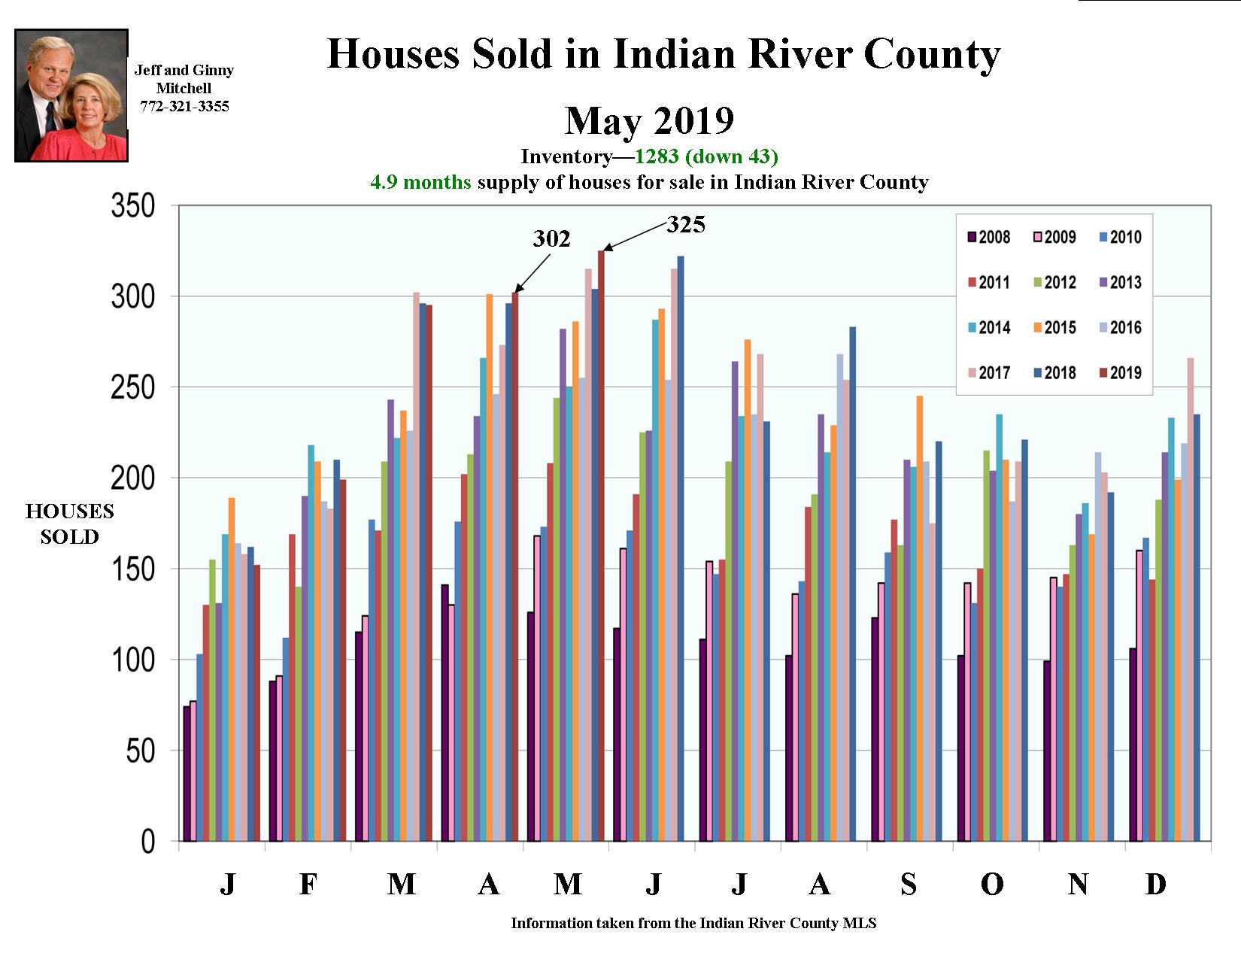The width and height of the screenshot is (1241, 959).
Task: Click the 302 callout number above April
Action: (x=551, y=238)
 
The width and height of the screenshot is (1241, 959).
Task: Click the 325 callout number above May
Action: (x=686, y=224)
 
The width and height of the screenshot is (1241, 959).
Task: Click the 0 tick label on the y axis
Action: (x=147, y=842)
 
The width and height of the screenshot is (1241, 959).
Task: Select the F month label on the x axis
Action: (x=308, y=884)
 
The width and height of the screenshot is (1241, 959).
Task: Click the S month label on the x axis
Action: (x=909, y=884)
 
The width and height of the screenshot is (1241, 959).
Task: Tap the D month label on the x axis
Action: (x=1155, y=884)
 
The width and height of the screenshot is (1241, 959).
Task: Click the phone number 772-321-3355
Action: (x=184, y=106)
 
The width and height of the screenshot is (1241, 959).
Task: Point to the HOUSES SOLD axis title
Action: (x=69, y=524)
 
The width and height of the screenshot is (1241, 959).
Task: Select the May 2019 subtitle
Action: (x=649, y=120)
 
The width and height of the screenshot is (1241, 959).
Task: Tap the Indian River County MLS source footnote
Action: (x=693, y=923)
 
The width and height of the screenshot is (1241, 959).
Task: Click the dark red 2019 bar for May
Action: (x=601, y=545)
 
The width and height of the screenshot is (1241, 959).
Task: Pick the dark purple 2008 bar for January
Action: (x=186, y=773)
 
